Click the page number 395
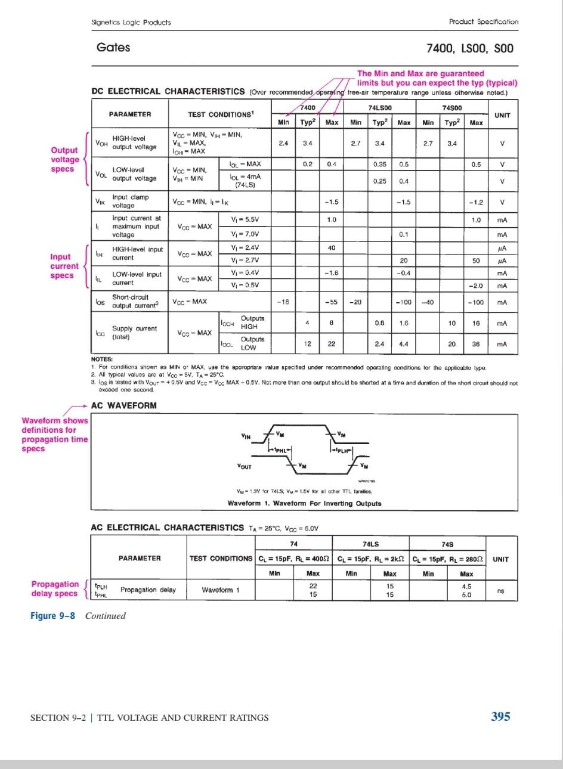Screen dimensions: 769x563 coord(500,717)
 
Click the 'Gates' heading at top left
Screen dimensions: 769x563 coord(113,48)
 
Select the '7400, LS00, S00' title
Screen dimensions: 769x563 coord(469,48)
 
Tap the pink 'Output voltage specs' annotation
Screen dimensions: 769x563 coord(64,159)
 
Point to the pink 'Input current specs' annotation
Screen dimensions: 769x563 coord(64,266)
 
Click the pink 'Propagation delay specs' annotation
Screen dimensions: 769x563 coord(54,588)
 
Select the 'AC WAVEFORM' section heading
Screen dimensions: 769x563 coord(123,405)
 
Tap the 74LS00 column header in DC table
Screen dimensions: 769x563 coord(379,108)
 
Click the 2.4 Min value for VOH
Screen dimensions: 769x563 coord(283,143)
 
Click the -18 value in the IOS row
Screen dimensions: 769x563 coord(283,302)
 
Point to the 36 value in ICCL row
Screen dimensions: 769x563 coord(476,344)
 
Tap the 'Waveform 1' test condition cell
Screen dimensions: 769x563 coord(221,590)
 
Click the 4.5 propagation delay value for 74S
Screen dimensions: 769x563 coord(466,586)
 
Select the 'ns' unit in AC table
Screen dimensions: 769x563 coord(501,590)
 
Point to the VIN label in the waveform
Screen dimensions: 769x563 coord(245,435)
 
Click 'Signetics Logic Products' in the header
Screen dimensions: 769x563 coord(131,22)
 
